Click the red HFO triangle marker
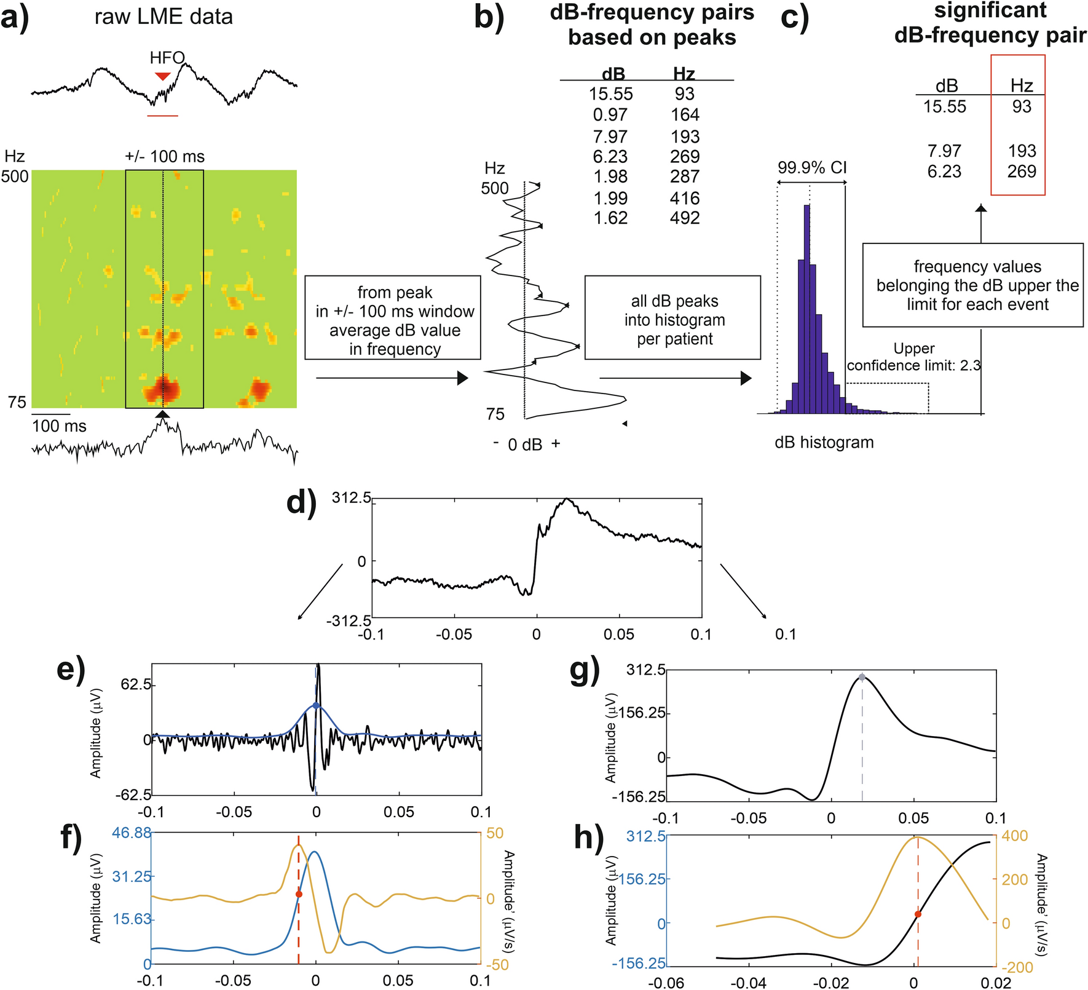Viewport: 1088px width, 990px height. click(162, 76)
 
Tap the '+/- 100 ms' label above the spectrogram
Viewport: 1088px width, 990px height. click(165, 157)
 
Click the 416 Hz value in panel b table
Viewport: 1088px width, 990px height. click(685, 198)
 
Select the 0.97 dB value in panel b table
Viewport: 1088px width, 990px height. click(610, 115)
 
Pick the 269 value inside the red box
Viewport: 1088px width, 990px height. click(1022, 171)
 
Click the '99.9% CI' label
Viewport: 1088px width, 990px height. click(812, 167)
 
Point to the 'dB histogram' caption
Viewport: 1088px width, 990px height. click(824, 442)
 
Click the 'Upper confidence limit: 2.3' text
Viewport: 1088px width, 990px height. click(913, 357)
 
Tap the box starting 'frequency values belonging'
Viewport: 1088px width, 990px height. click(972, 285)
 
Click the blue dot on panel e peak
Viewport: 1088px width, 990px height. click(316, 705)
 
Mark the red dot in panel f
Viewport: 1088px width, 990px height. click(299, 894)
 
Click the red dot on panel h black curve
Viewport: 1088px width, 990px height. click(918, 914)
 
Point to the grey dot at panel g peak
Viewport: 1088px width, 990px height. click(862, 677)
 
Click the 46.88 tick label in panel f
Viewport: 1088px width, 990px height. click(132, 833)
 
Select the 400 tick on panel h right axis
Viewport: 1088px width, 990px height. click(1015, 836)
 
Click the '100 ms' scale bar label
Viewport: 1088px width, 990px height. click(59, 426)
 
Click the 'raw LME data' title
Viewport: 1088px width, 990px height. click(164, 17)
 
